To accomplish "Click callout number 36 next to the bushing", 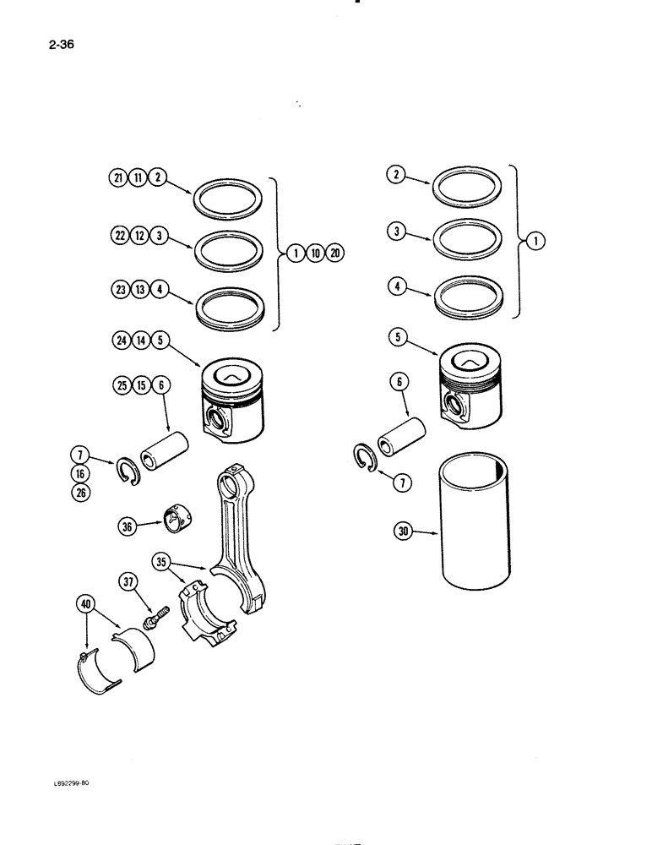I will (x=128, y=527).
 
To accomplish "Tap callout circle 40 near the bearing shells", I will (x=86, y=605).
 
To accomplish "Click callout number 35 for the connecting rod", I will (x=162, y=560).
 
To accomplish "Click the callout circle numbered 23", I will (x=119, y=292).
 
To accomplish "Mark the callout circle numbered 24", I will (x=119, y=342).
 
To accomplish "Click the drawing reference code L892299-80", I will (x=63, y=783).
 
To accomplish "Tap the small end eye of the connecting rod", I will (x=230, y=483).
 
